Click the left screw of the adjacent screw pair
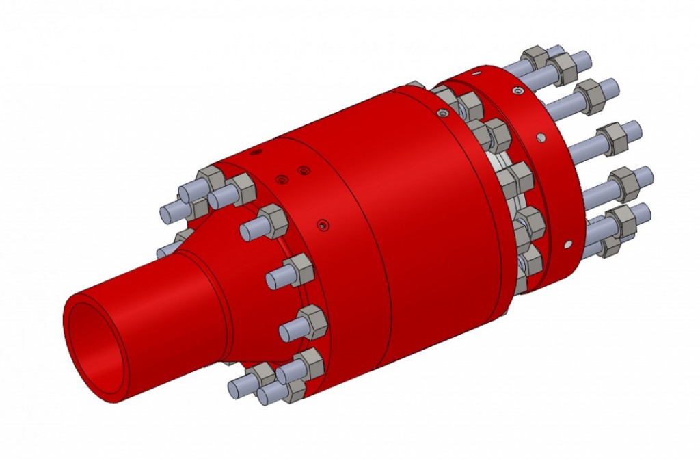point(280,180)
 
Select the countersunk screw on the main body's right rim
point(446,112)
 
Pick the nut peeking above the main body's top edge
point(416,86)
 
